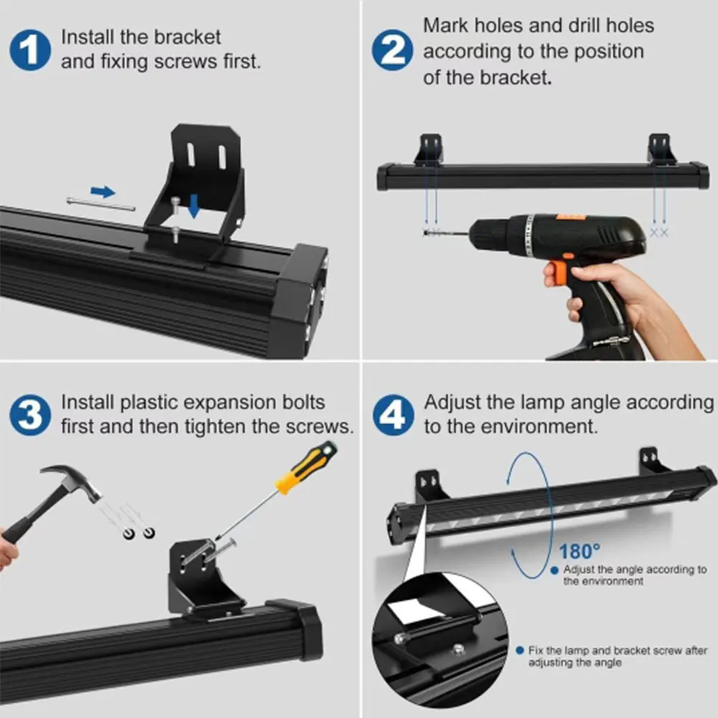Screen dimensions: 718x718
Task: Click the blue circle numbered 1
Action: [30, 50]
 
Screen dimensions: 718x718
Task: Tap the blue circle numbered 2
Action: [392, 50]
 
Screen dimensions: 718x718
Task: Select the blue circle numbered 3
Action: [30, 415]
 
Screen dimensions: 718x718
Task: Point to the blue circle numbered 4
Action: [393, 415]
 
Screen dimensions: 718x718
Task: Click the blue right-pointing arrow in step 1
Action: [103, 192]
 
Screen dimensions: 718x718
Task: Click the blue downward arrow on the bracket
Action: [194, 206]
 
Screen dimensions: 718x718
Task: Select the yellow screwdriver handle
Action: [306, 467]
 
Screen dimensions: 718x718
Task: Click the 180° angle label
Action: [579, 552]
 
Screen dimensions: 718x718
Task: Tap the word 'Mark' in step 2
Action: [445, 25]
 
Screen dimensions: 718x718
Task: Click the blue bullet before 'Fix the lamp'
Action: [520, 651]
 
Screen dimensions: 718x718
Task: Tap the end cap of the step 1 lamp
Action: [299, 288]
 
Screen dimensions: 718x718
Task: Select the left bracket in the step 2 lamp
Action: [429, 149]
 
